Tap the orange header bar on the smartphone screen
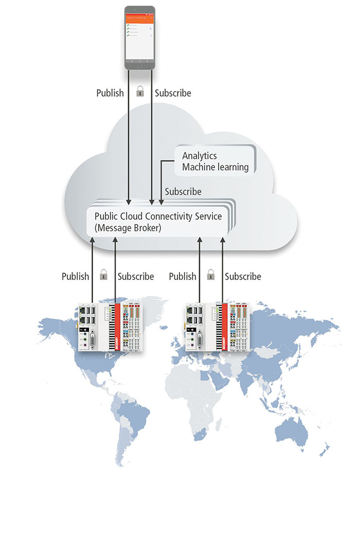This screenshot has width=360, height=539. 140,19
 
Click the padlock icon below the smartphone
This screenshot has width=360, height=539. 139,92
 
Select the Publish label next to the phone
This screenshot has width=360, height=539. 110,93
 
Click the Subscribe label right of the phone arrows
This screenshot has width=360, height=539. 173,93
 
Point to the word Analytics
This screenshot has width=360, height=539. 200,156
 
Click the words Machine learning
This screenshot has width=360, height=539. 215,167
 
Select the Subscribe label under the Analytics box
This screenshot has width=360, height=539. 183,192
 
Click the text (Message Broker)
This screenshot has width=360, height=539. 128,228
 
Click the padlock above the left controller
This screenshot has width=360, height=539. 103,275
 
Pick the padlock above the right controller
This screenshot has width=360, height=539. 210,275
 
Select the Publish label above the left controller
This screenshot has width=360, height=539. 75,276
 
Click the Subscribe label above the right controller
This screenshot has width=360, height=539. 243,276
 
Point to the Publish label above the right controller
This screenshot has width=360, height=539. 183,276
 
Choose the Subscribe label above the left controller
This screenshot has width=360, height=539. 136,276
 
